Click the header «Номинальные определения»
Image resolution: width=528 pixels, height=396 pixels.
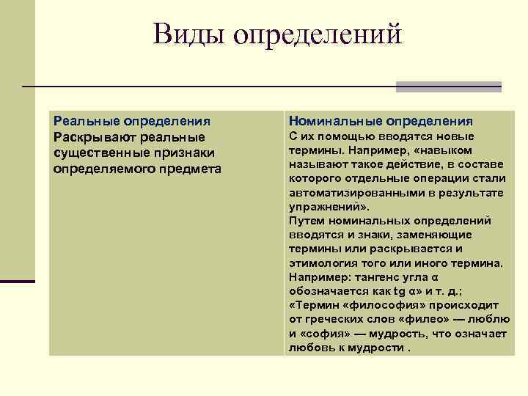click(381, 121)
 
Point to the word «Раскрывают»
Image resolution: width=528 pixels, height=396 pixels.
click(94, 137)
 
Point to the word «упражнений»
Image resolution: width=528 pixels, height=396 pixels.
click(323, 206)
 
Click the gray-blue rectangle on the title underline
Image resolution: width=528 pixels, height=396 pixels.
click(448, 87)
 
